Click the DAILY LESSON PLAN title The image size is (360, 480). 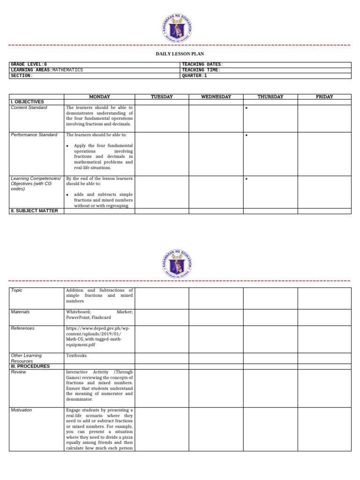180,54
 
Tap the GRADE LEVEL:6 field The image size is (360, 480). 29,64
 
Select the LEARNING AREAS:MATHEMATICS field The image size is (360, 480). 47,70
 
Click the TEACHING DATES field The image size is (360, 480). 202,64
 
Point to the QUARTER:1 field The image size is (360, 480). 194,75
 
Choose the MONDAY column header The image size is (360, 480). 99,97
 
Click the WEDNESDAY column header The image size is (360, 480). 216,97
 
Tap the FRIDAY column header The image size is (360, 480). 324,97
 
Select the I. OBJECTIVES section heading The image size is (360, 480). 27,102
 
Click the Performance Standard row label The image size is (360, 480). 34,135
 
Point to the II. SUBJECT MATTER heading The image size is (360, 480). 34,211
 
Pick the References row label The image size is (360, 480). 23,329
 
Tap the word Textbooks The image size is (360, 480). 76,356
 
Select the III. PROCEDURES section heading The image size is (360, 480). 30,366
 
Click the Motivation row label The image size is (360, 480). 22,410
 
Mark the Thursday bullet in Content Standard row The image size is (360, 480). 247,108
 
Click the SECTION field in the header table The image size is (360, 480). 22,75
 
